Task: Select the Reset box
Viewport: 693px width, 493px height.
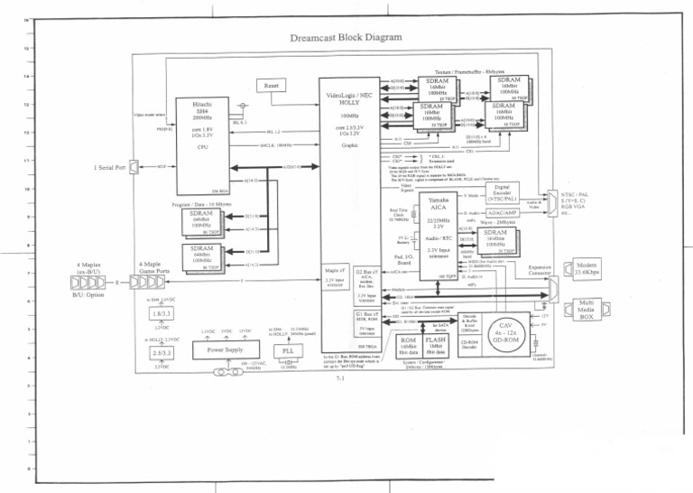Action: point(271,85)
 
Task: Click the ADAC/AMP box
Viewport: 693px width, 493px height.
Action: point(514,213)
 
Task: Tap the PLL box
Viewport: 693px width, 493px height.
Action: point(289,349)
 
